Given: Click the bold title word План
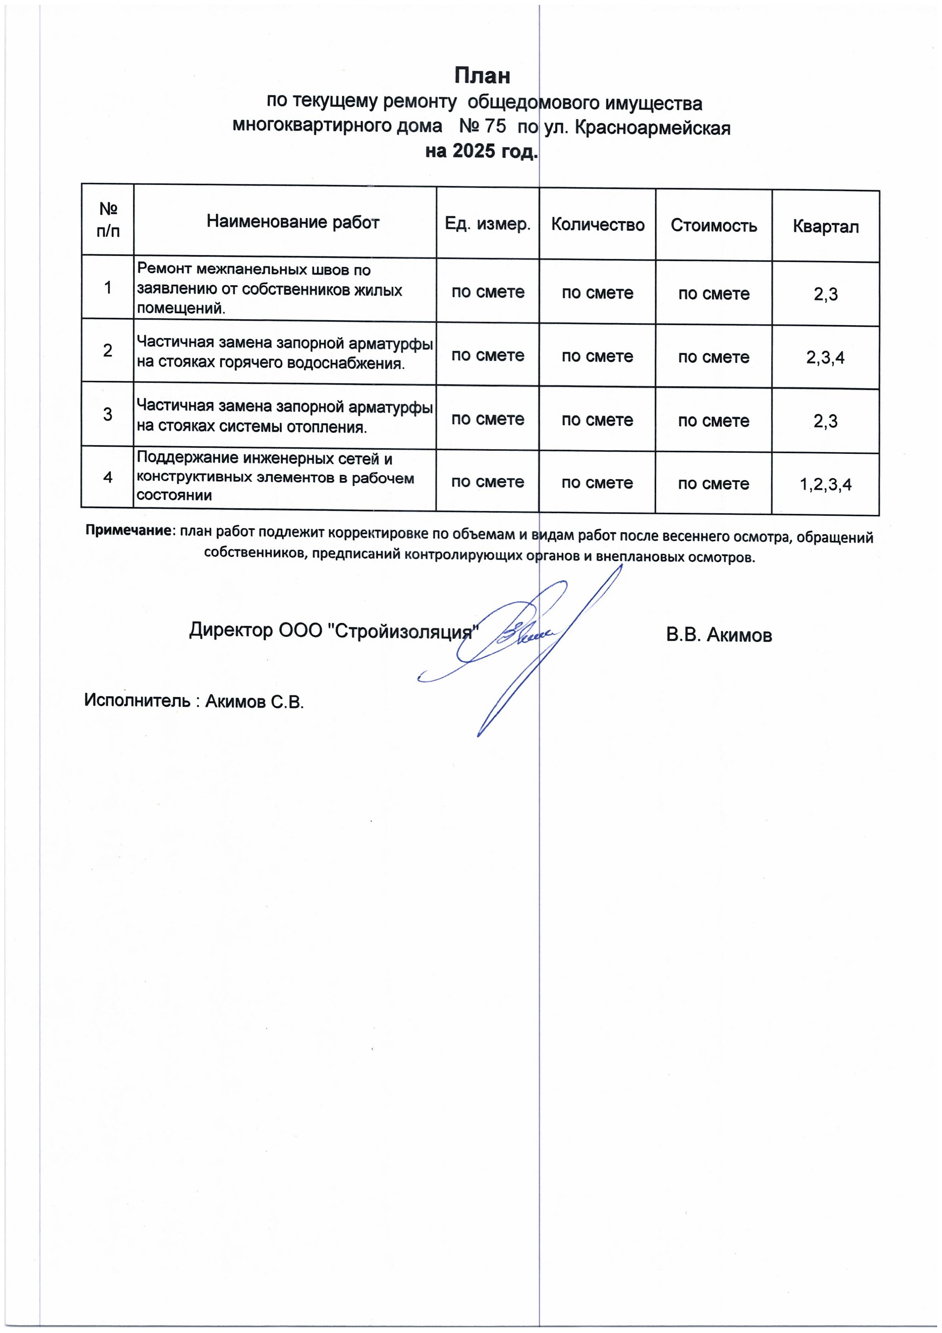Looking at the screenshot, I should pos(482,76).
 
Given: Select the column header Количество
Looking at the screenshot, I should pos(597,225).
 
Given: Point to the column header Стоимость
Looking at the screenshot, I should pos(713,225).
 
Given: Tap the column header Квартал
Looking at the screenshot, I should pos(825,226).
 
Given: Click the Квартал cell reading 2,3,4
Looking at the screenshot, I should pos(825,358).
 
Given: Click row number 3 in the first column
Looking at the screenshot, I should pos(107,414).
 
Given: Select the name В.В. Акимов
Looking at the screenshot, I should pos(719,635).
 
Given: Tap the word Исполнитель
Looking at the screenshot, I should pos(137,700).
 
